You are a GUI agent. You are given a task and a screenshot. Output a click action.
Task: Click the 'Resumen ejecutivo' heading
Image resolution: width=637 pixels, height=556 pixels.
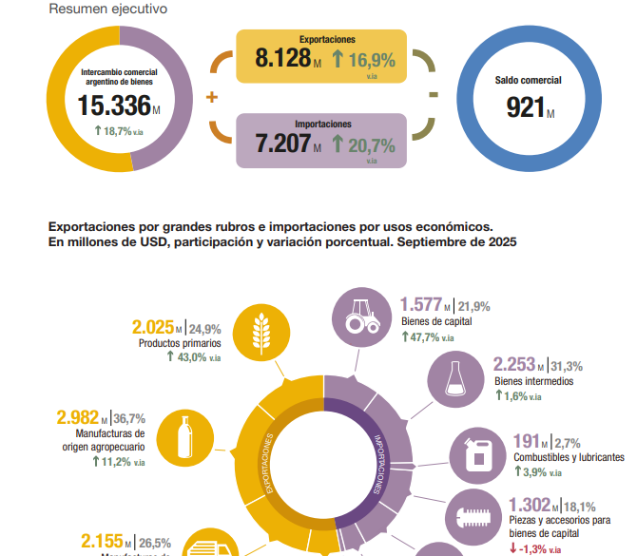[x=107, y=10]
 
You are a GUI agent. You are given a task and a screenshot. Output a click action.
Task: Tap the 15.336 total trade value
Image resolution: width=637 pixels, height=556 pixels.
[x=114, y=105]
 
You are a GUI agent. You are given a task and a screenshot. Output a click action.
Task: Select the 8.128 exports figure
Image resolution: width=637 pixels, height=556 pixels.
[x=283, y=58]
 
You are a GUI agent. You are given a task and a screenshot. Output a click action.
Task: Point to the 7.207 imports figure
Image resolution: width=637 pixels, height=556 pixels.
[x=283, y=144]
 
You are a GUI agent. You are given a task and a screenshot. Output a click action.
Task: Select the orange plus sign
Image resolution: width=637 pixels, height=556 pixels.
[x=211, y=98]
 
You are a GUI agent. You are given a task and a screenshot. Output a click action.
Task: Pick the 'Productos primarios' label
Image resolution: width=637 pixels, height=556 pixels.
[x=180, y=343]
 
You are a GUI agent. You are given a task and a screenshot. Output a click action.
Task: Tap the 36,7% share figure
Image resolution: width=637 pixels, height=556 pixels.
[x=128, y=418]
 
